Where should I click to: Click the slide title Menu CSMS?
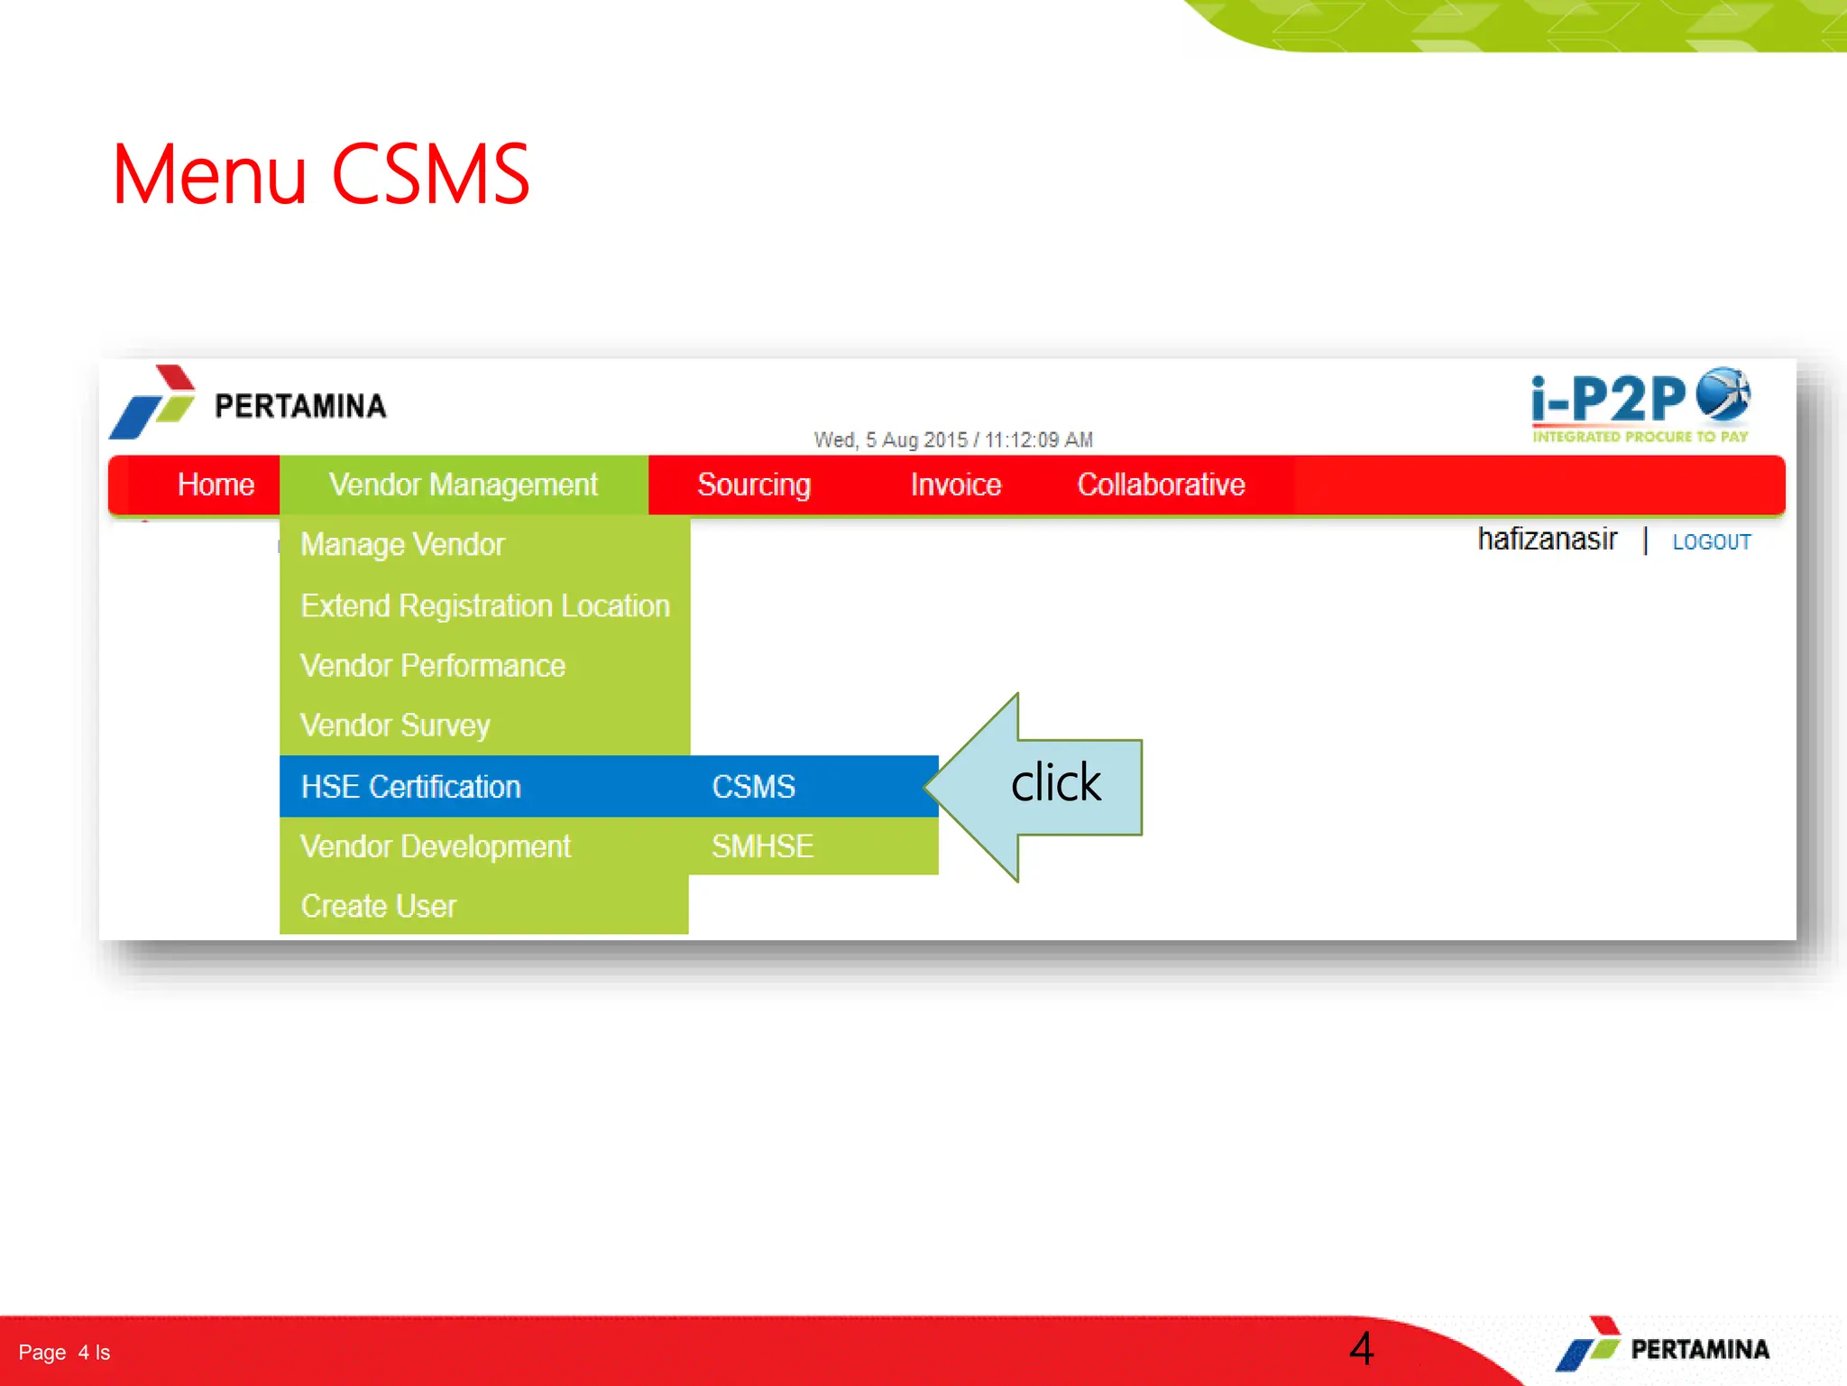320,174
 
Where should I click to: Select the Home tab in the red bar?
216,485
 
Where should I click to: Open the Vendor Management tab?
463,485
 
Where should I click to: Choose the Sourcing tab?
754,485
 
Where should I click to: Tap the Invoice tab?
955,485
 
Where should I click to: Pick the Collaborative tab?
1161,485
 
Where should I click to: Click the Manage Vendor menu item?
402,545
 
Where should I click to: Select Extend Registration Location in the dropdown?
485,605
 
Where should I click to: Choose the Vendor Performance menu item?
433,666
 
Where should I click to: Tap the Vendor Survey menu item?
395,725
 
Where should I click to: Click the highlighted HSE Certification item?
411,787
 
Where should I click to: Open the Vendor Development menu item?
436,846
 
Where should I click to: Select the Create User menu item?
379,906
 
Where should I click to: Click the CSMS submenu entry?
754,787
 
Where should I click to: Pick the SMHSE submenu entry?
762,846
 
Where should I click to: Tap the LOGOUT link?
1711,542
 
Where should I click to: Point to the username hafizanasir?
1547,540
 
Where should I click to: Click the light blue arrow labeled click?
1046,785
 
